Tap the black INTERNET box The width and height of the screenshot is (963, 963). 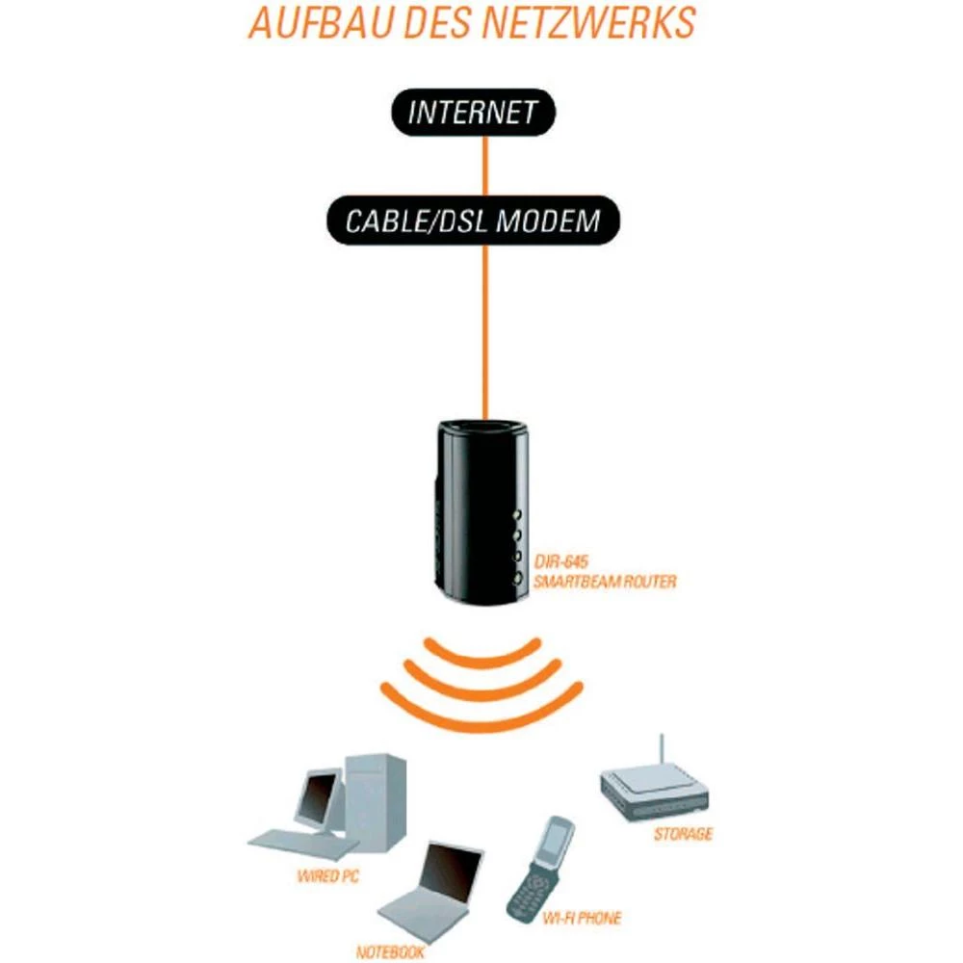(472, 112)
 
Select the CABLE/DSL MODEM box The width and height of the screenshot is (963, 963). (472, 221)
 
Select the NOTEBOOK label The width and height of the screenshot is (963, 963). (390, 952)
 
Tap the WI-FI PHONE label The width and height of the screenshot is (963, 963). (581, 919)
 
